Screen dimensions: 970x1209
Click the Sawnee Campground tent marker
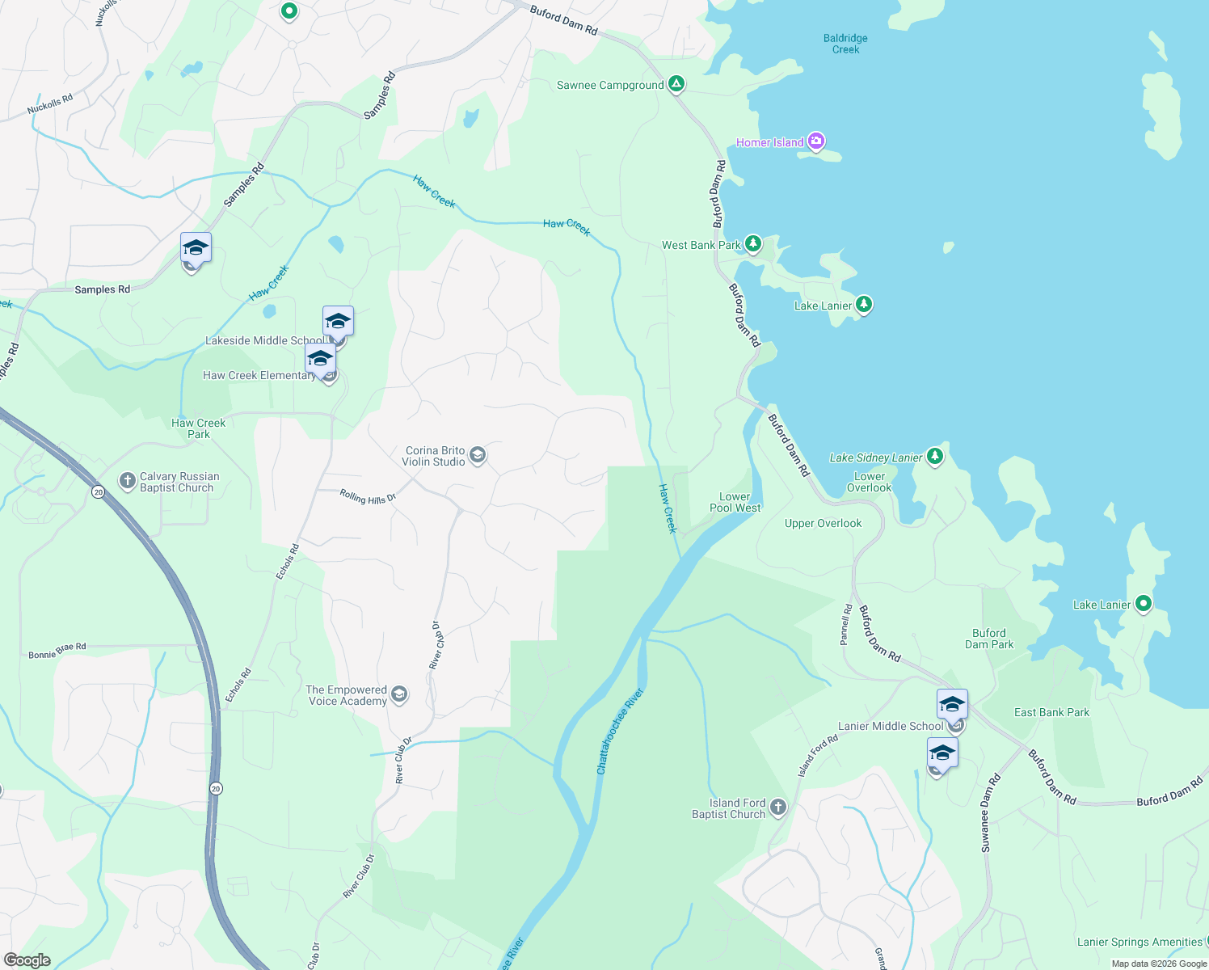click(676, 84)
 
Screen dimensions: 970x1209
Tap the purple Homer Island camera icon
click(815, 142)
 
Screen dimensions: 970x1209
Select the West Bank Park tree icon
click(752, 243)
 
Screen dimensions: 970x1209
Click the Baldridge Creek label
click(845, 44)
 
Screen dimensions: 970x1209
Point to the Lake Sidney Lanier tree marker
click(935, 457)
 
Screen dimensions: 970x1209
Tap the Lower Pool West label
click(735, 503)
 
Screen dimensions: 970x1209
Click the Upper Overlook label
click(823, 524)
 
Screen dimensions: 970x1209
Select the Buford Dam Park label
click(989, 639)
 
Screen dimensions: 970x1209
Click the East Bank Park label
click(1051, 712)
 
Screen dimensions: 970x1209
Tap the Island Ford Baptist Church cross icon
click(777, 807)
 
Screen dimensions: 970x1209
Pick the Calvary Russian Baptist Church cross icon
click(127, 482)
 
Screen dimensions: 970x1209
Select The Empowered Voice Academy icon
click(398, 694)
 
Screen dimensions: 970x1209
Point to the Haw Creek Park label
click(199, 428)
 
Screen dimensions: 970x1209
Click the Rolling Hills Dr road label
click(368, 497)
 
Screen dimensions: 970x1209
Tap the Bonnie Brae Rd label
click(57, 651)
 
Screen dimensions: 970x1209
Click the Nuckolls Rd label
click(50, 104)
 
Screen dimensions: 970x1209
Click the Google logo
click(27, 959)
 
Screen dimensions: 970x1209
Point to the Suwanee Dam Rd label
click(990, 813)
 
